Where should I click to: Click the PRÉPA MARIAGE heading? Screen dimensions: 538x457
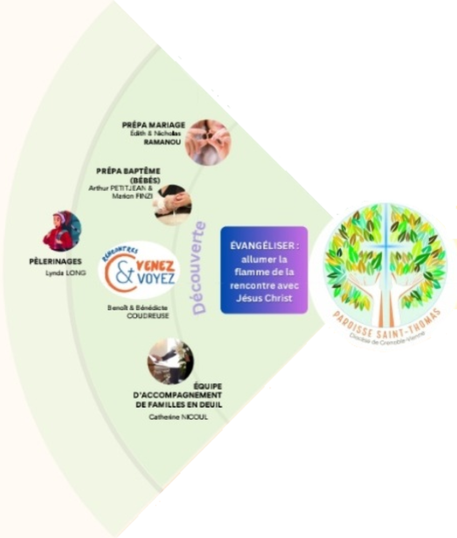[154, 126]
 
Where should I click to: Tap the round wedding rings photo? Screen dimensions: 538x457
[207, 142]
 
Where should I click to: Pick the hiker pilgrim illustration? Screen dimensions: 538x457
[62, 231]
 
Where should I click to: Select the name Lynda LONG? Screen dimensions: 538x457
[66, 273]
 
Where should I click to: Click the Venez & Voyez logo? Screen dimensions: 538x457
[139, 270]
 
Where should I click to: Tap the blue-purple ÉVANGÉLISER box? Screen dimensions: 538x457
[264, 269]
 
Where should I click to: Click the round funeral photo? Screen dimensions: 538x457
[171, 360]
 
